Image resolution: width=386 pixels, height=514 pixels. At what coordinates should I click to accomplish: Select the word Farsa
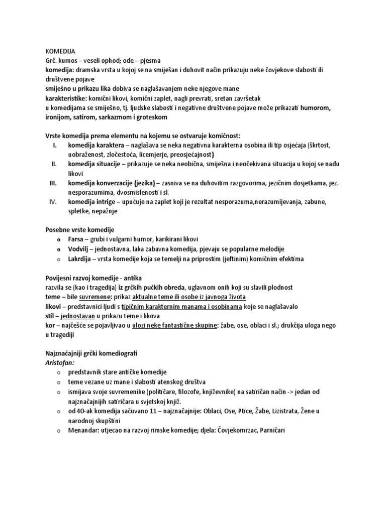click(77, 240)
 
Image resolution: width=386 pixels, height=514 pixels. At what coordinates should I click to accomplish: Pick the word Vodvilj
click(79, 249)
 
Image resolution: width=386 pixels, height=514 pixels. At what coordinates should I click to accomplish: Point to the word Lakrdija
click(80, 259)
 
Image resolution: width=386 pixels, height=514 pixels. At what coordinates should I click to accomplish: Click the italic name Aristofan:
click(55, 363)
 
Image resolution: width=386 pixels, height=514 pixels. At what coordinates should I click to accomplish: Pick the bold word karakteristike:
click(69, 98)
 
